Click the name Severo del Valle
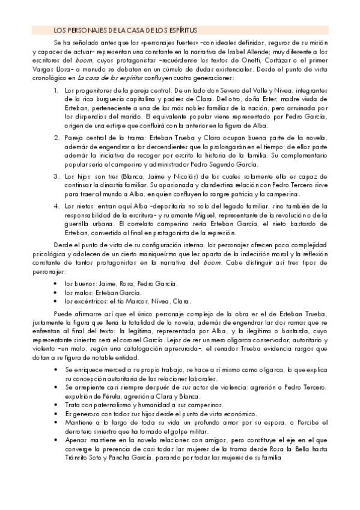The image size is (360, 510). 221,90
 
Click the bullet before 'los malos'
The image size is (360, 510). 56,292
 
